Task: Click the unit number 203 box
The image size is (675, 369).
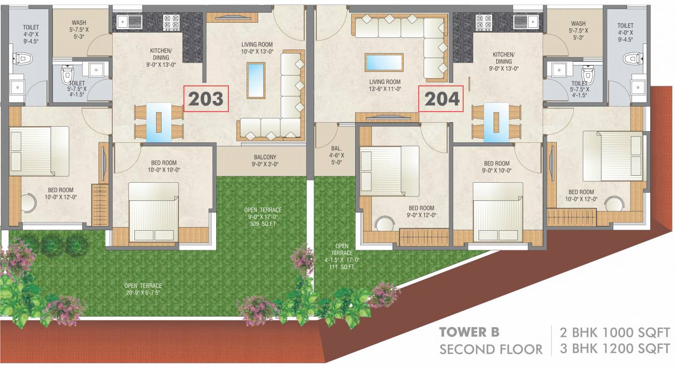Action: [x=206, y=99]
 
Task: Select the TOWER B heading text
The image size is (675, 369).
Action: [x=469, y=332]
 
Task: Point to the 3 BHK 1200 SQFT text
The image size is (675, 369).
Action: [x=614, y=348]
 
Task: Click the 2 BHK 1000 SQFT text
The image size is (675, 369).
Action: [x=614, y=333]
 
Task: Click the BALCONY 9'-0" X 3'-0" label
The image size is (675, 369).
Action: [x=265, y=161]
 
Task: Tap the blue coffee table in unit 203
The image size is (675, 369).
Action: [x=256, y=80]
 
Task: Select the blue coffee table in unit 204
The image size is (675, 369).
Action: [x=384, y=63]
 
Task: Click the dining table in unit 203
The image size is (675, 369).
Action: [x=159, y=122]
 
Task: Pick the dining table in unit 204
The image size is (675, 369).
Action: [x=496, y=122]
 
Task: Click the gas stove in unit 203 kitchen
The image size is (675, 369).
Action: [x=171, y=21]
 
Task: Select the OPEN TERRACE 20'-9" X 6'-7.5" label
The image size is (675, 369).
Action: [x=144, y=289]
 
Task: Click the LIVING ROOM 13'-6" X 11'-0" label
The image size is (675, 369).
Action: [x=385, y=85]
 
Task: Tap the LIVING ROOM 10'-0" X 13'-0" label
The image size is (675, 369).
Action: [x=257, y=48]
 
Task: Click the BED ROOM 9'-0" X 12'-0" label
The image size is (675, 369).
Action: [x=421, y=212]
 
